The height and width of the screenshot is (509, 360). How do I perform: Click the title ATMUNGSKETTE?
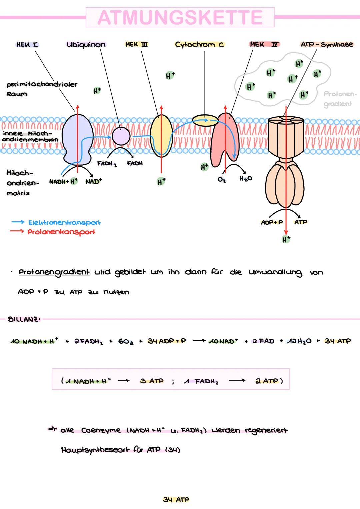180,17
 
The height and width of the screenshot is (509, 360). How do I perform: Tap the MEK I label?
27,44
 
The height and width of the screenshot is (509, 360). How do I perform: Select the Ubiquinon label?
86,44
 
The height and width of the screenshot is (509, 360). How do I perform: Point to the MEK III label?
137,44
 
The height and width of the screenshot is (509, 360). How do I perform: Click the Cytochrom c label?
199,44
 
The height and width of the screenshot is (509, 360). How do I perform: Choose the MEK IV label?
264,44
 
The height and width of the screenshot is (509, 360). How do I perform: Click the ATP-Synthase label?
326,44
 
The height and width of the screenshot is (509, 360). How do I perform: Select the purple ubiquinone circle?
121,136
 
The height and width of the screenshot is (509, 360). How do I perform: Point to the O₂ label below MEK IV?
221,179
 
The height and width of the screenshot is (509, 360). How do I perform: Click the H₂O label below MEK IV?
246,179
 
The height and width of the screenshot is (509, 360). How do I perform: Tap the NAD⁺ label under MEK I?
94,182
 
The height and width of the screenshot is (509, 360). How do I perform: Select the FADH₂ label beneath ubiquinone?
106,164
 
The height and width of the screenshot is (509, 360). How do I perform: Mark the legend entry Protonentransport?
61,232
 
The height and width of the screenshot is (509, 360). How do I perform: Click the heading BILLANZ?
24,319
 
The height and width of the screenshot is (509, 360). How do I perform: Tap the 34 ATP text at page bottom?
176,499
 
